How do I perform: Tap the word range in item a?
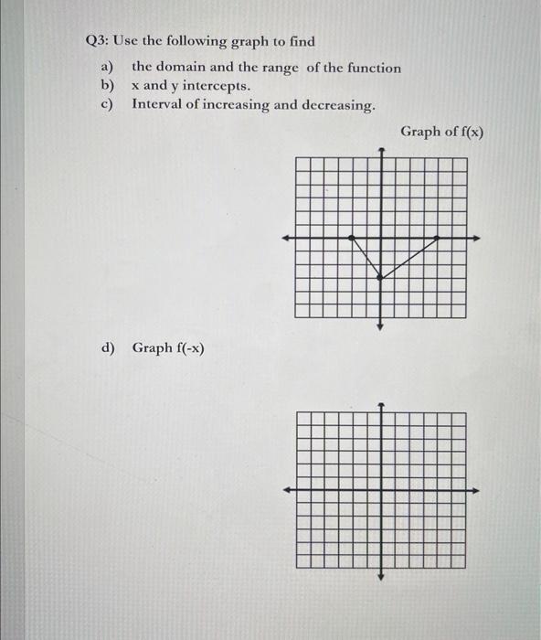(292, 68)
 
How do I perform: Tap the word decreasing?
(334, 105)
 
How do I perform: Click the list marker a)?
(107, 68)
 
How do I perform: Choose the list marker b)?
(107, 86)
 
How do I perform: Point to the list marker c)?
(107, 104)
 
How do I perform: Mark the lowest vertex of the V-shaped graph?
(381, 278)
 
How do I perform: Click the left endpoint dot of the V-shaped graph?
(354, 238)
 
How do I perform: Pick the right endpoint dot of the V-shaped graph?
(435, 238)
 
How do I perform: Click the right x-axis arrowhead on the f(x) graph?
(477, 238)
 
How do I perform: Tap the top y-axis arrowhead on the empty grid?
(381, 403)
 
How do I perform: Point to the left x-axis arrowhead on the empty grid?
(286, 490)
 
